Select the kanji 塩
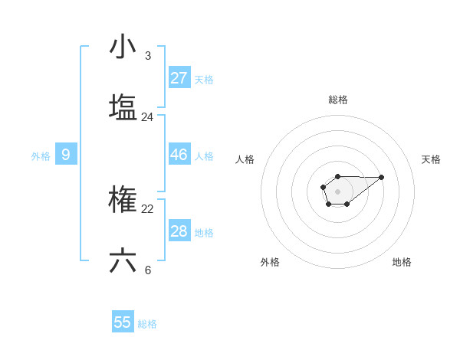(123, 107)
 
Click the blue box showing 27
(179, 78)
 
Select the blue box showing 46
(179, 155)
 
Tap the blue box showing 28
(179, 231)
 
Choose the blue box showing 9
(66, 155)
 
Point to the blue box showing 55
(123, 322)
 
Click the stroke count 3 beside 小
(148, 56)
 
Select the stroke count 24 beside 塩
(147, 117)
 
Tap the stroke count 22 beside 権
(147, 209)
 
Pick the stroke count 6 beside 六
(148, 270)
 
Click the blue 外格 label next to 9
(41, 156)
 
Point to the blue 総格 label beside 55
(147, 324)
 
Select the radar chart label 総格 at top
(338, 100)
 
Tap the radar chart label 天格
(431, 159)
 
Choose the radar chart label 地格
(402, 262)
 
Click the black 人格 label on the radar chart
(245, 159)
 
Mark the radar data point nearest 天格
(382, 177)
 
